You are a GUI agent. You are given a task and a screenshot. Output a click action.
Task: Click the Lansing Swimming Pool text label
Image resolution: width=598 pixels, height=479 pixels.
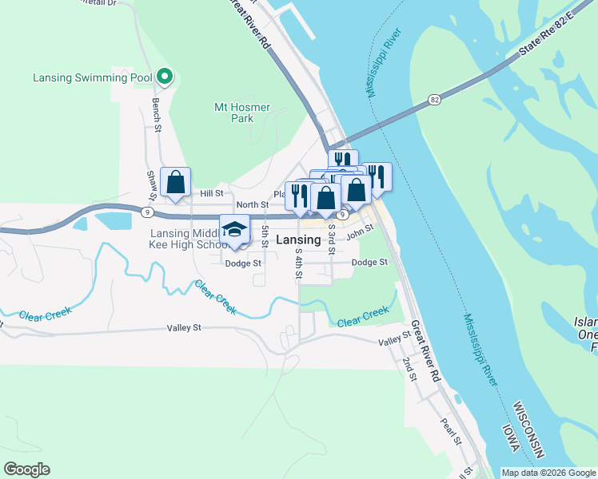tap(92, 77)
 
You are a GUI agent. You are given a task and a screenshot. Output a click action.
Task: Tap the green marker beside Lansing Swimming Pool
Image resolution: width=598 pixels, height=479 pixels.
tap(165, 77)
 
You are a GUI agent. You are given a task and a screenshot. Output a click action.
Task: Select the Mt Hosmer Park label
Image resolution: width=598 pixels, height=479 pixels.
tap(242, 113)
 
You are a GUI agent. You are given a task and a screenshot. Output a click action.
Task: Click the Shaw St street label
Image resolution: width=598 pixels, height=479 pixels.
tap(149, 185)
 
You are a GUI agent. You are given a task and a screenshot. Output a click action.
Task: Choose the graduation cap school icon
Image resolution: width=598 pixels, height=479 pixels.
tap(235, 230)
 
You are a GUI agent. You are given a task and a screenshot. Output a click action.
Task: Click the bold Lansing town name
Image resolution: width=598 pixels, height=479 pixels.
tap(298, 239)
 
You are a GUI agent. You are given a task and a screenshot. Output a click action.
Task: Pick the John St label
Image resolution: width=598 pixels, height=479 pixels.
tap(360, 231)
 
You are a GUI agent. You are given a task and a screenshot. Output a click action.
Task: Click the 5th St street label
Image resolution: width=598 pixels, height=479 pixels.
tap(264, 237)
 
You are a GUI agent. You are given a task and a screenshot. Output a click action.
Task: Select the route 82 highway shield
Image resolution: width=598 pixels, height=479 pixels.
tap(433, 99)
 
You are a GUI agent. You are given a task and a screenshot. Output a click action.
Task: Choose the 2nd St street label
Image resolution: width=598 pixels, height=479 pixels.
tap(410, 368)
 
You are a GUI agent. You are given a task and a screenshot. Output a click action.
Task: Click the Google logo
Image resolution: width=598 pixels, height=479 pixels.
tap(26, 469)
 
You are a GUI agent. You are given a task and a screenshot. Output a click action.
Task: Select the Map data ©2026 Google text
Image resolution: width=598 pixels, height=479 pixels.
tap(548, 473)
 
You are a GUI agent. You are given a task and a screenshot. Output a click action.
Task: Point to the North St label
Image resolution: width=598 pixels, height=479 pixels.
tap(252, 205)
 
